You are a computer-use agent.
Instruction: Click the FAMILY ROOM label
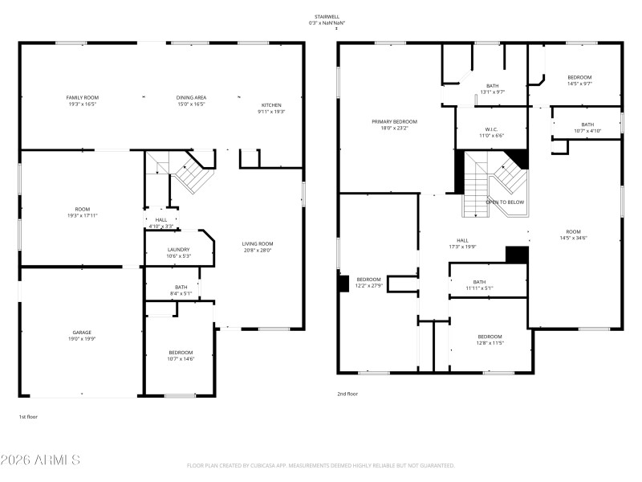(82, 97)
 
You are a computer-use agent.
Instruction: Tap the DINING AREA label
(191, 97)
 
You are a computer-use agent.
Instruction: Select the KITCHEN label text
(270, 104)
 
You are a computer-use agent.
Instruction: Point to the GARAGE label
(82, 332)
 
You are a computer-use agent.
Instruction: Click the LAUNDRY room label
(178, 250)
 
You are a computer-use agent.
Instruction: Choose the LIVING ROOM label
(258, 243)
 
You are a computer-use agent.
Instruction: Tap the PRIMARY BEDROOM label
(394, 121)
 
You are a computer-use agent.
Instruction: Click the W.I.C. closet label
(492, 129)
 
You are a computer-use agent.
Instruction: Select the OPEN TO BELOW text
(505, 202)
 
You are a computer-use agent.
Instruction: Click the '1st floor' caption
(28, 417)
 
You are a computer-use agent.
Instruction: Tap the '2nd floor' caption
(347, 394)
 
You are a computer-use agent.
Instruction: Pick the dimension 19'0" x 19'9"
(82, 339)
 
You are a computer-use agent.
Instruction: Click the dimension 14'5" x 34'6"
(573, 238)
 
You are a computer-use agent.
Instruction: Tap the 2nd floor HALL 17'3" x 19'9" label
(462, 243)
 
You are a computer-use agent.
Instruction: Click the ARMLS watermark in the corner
(40, 460)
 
